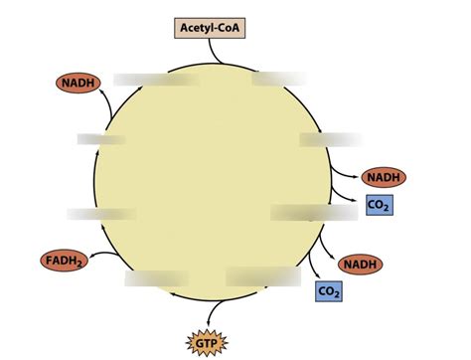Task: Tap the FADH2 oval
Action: [x=63, y=262]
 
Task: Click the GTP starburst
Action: [x=207, y=342]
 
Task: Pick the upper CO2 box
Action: [x=379, y=205]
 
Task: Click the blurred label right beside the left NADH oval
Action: [x=149, y=80]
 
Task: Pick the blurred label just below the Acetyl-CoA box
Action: [x=278, y=79]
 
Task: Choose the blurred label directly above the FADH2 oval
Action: [x=101, y=214]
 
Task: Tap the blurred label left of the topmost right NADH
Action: [x=330, y=139]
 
